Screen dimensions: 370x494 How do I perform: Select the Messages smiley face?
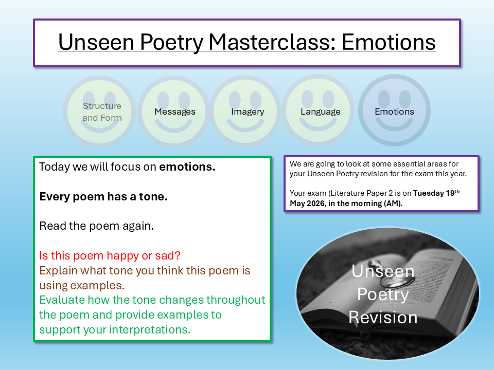click(x=174, y=112)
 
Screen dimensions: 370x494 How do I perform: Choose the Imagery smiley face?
click(x=247, y=112)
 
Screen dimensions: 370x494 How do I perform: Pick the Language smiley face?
click(x=320, y=112)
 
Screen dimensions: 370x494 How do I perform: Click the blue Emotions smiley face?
click(x=394, y=112)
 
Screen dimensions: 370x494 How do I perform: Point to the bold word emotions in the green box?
click(x=187, y=167)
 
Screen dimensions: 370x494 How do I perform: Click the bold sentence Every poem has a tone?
click(x=103, y=197)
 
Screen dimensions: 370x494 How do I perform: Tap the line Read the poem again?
click(x=96, y=226)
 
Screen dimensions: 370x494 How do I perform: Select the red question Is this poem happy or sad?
click(x=110, y=255)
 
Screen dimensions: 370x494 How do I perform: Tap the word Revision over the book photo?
click(x=383, y=317)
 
